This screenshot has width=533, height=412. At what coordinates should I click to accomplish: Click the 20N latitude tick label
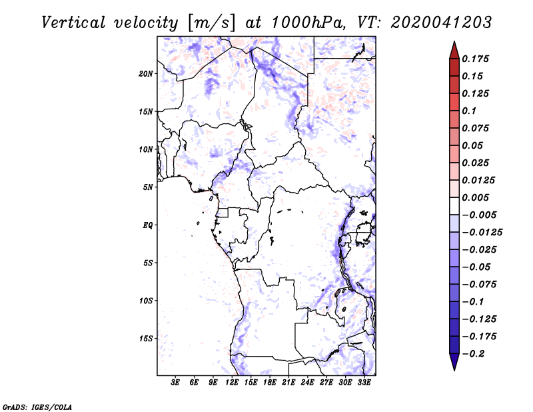point(147,73)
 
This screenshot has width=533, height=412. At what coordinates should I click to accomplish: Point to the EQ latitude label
point(148,225)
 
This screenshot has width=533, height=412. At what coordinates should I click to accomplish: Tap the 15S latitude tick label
point(147,339)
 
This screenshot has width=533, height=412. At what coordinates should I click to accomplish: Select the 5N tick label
point(149,187)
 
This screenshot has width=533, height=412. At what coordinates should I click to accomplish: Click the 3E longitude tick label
point(176,383)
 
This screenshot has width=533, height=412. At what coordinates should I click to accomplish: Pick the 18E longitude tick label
point(270,383)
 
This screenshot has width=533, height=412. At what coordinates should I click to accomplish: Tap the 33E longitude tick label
point(364,383)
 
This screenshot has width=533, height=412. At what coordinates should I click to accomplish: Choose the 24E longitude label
point(308,383)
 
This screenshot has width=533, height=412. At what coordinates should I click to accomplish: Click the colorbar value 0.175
point(476,59)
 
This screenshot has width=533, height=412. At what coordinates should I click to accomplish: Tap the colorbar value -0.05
point(476,267)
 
